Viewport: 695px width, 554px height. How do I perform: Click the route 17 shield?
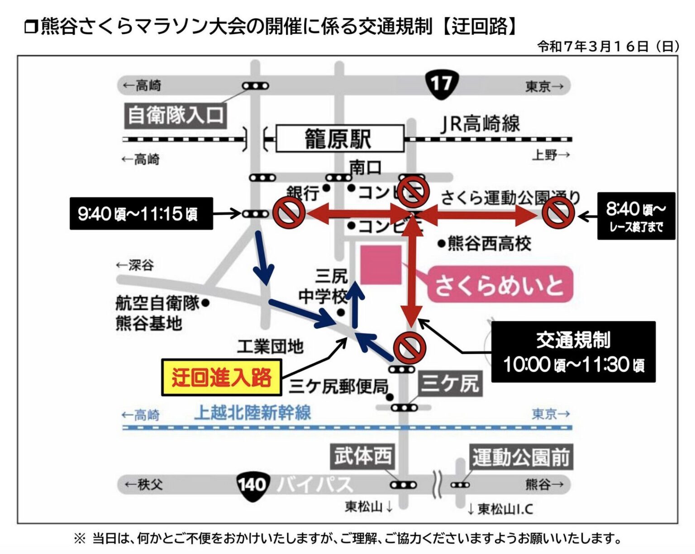click(441, 85)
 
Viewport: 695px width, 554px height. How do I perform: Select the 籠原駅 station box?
click(339, 138)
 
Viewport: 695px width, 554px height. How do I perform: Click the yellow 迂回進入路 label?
click(222, 377)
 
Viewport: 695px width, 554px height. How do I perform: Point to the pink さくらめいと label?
click(500, 285)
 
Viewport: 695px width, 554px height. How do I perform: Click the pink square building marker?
click(381, 265)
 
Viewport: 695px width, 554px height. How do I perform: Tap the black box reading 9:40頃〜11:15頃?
click(141, 213)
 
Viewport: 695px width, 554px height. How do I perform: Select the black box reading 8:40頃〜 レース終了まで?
click(636, 216)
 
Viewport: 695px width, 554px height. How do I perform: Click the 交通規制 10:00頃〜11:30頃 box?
click(573, 352)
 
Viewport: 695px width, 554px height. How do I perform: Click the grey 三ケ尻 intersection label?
click(450, 384)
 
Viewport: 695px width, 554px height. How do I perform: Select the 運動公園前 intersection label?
click(521, 457)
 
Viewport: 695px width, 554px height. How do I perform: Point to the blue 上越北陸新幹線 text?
click(252, 413)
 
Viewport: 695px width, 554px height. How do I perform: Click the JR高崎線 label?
click(480, 124)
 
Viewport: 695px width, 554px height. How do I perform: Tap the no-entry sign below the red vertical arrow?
click(409, 348)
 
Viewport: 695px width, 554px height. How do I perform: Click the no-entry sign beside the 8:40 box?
click(558, 213)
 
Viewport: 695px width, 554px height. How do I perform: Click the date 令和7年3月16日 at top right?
click(608, 46)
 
